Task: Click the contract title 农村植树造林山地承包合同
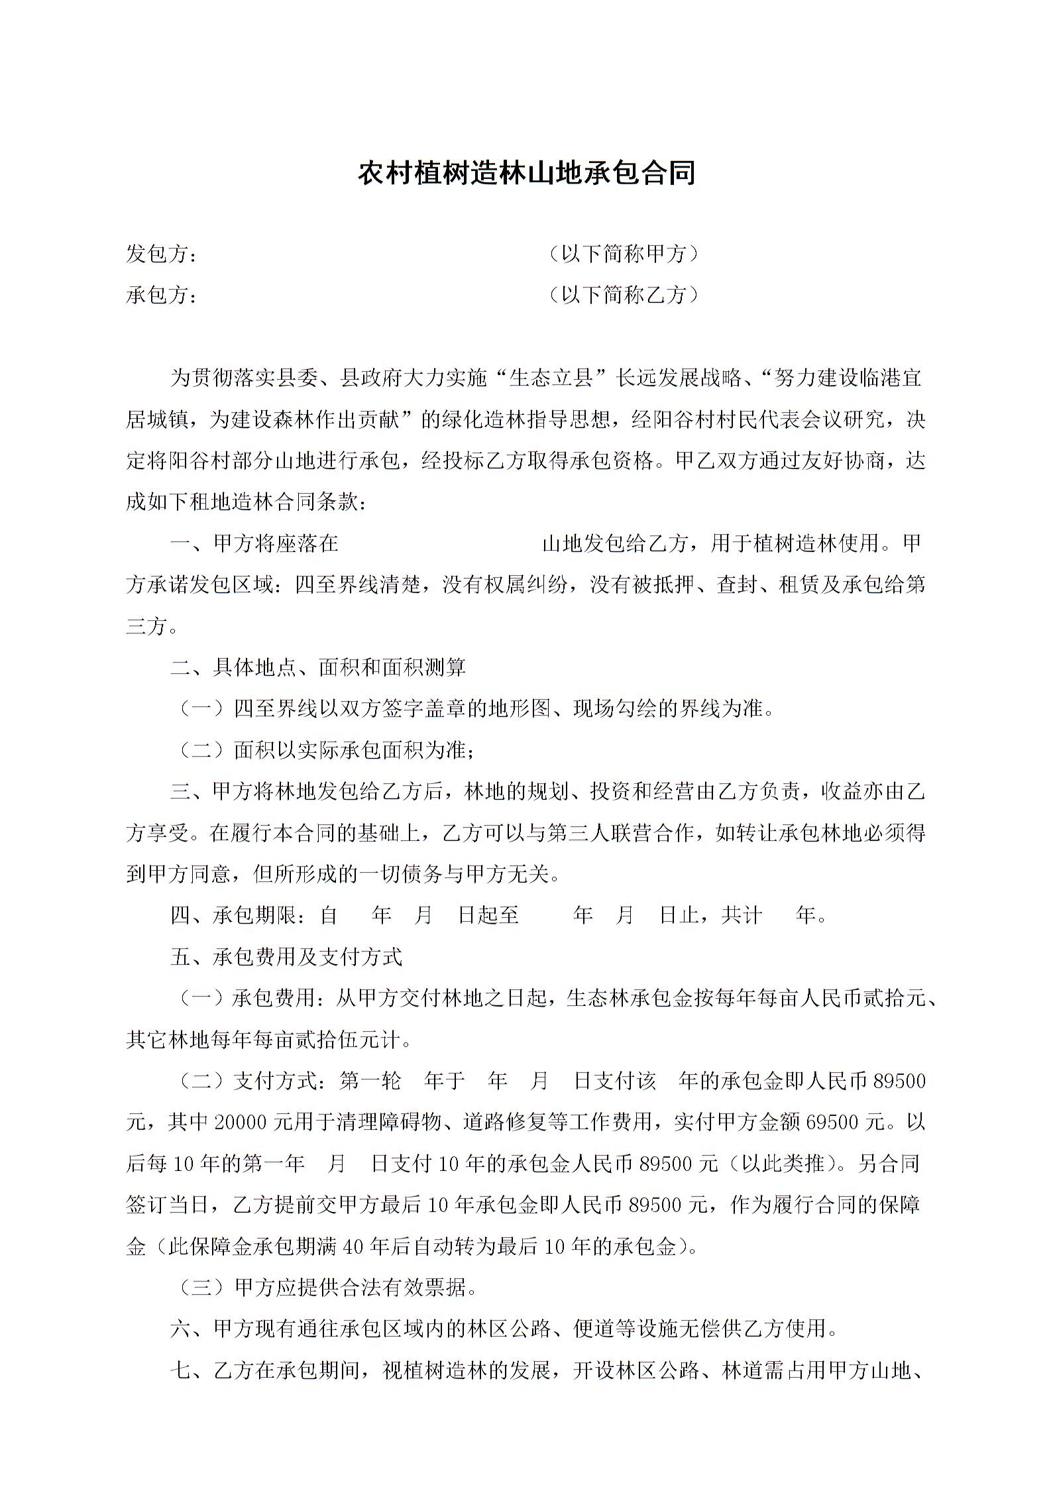(526, 173)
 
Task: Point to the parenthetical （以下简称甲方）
(624, 254)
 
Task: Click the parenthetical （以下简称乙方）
(624, 295)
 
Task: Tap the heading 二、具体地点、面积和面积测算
(318, 667)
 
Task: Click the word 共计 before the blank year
(742, 916)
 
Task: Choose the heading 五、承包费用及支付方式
(286, 957)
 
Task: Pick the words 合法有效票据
(371, 1288)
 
